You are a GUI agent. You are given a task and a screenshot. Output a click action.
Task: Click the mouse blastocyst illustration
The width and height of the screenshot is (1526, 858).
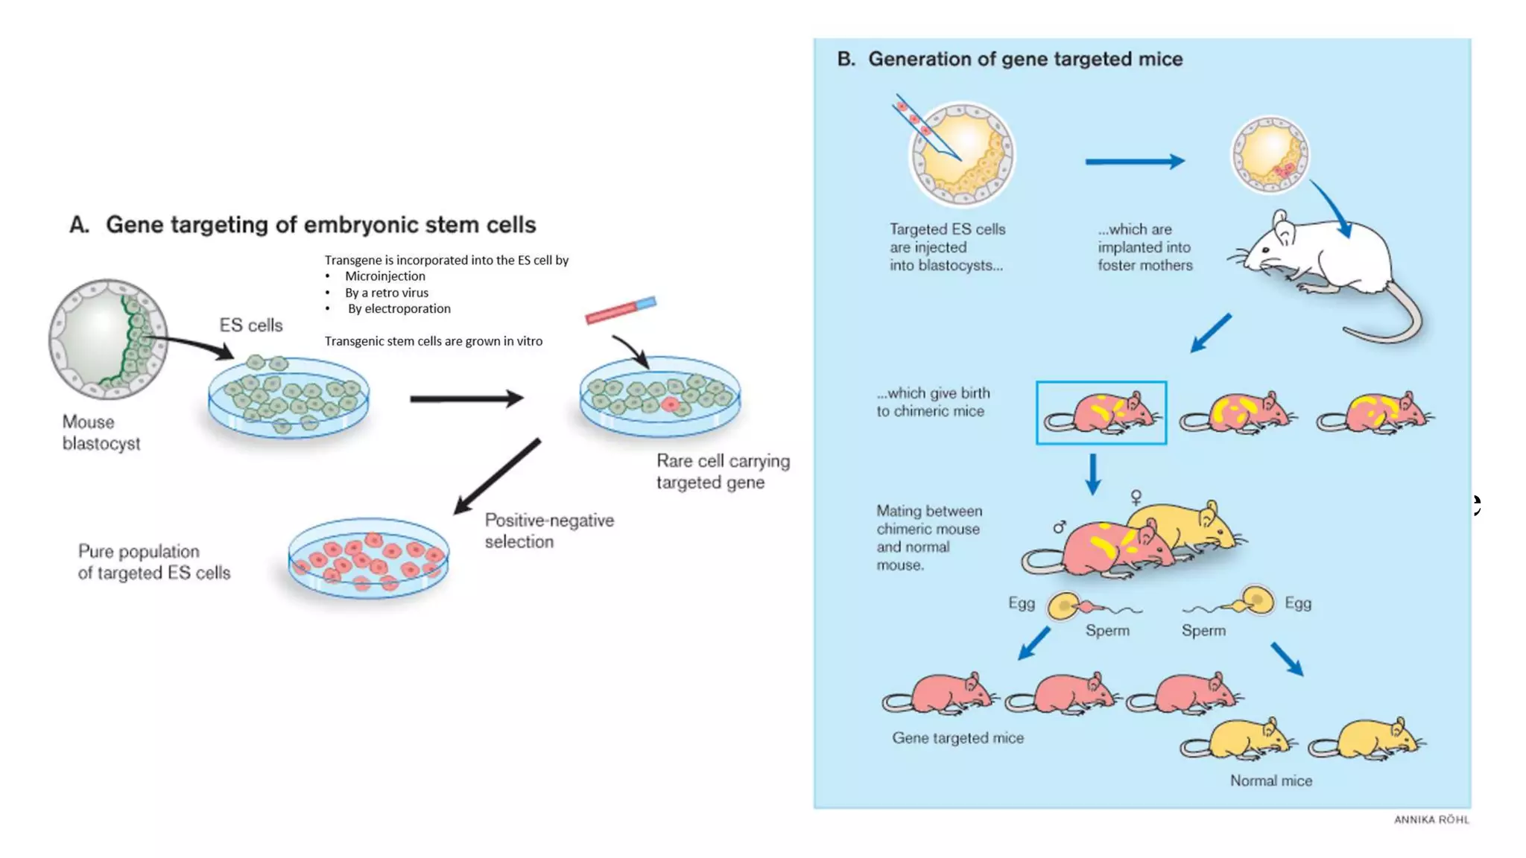click(x=108, y=340)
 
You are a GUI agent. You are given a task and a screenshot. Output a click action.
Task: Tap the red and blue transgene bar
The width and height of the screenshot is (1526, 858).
click(x=620, y=311)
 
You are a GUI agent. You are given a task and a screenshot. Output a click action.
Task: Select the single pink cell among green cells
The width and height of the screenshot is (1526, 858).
click(x=670, y=404)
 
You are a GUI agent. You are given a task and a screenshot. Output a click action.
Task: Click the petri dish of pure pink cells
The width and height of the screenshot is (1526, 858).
click(x=369, y=559)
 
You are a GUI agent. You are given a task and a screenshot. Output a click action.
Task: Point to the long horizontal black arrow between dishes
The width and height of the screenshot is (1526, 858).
click(x=466, y=399)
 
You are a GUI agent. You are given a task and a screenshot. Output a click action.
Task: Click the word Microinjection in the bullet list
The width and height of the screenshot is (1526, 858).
click(x=384, y=276)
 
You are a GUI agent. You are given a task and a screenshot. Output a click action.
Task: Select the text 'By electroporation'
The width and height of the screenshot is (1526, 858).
click(x=399, y=309)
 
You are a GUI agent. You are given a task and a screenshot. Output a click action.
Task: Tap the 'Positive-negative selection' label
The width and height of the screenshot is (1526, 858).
click(x=549, y=531)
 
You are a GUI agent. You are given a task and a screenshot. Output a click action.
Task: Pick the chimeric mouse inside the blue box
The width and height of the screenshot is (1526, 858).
click(x=1103, y=413)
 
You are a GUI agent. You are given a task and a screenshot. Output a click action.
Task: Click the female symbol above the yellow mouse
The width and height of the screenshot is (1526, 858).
click(x=1136, y=497)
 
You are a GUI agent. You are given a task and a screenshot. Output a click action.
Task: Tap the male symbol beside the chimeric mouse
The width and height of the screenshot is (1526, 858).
click(x=1060, y=527)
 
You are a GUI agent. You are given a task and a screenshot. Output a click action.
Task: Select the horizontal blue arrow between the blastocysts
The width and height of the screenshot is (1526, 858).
click(x=1134, y=162)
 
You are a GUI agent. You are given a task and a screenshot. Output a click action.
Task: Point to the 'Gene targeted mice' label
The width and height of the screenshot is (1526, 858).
click(x=957, y=738)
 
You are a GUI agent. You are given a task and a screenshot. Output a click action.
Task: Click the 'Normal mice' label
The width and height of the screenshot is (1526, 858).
click(x=1270, y=781)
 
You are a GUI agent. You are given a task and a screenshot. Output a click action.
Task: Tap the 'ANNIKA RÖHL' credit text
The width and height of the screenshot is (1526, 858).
click(x=1431, y=820)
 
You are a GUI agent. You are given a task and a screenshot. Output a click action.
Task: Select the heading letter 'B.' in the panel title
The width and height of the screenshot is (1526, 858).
click(x=846, y=60)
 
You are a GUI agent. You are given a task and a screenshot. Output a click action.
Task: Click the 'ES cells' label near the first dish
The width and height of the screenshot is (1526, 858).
click(x=251, y=325)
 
